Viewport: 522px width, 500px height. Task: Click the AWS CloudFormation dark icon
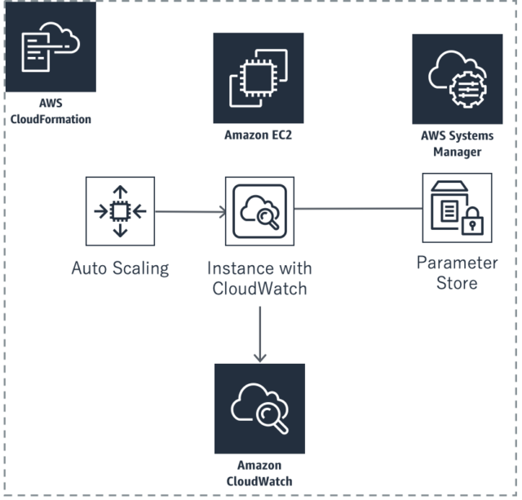50,47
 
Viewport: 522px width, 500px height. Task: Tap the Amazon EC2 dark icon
258,78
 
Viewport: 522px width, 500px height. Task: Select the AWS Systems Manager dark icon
457,78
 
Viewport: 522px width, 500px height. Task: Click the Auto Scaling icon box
120,211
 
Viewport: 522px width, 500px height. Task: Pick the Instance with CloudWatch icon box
259,211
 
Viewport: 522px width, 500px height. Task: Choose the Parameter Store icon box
457,208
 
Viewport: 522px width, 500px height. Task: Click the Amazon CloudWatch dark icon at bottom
259,408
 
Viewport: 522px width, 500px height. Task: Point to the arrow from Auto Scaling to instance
189,212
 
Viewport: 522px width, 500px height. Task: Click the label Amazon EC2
258,135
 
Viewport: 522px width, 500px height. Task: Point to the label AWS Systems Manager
457,144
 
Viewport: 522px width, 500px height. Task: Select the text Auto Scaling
120,268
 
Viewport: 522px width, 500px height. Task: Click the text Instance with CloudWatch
259,277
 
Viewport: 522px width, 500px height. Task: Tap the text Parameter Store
457,273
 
